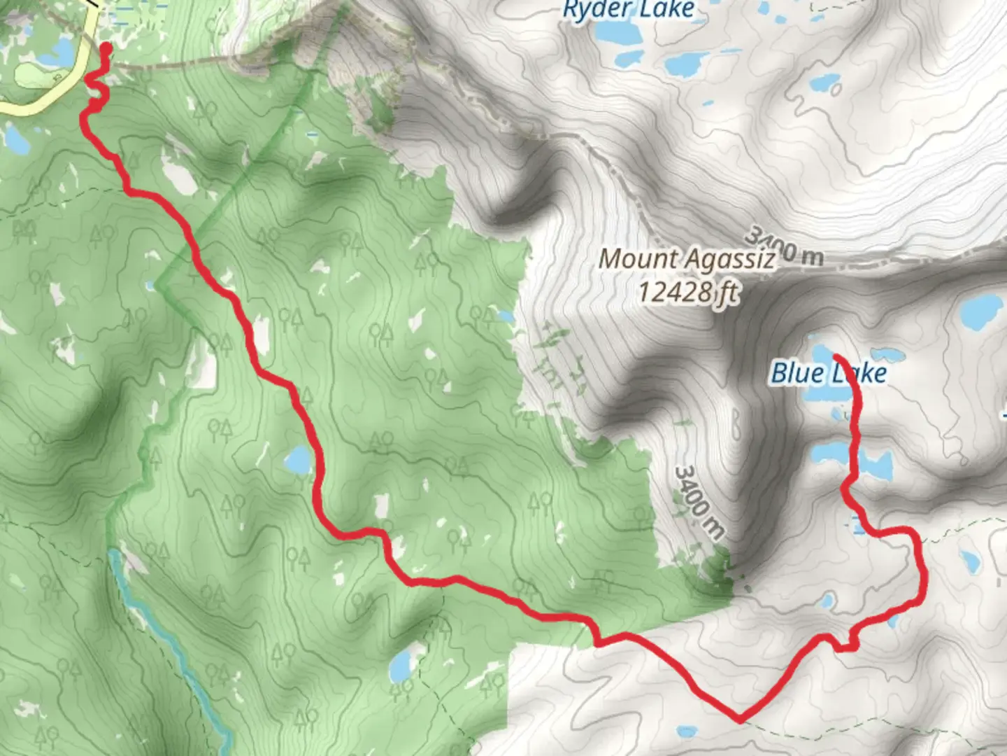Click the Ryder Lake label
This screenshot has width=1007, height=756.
point(628,10)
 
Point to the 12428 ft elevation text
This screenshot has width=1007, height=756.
point(687,291)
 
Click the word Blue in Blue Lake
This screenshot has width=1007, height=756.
point(797,373)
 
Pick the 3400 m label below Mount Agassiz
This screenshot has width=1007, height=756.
point(699,501)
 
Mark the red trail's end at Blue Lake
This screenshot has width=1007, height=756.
point(837,358)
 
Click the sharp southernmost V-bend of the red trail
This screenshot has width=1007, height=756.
point(740,718)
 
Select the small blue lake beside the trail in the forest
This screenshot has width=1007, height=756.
point(299,460)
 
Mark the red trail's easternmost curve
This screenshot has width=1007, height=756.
point(924,574)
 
